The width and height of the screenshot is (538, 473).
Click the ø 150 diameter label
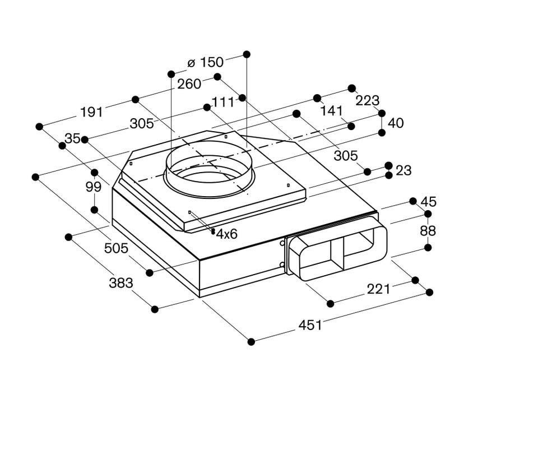(x=205, y=62)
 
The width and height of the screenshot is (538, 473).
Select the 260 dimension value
(x=189, y=84)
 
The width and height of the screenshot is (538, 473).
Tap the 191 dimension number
(x=91, y=112)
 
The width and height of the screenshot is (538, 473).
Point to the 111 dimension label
(x=223, y=102)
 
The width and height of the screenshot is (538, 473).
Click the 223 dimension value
(x=368, y=100)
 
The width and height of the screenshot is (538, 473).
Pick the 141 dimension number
(x=331, y=111)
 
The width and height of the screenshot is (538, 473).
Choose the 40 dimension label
(x=396, y=123)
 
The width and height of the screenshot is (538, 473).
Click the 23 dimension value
(x=403, y=170)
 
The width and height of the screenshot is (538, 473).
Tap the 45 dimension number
(x=429, y=202)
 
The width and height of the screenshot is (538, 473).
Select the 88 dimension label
(x=428, y=231)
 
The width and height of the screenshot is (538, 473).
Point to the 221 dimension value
(x=378, y=289)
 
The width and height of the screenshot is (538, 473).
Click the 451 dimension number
(x=310, y=325)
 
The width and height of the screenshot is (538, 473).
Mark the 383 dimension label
(x=121, y=283)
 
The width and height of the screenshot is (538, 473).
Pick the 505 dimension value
(x=116, y=248)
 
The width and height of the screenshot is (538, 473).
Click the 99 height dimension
(x=94, y=187)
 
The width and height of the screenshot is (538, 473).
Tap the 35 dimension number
(x=72, y=138)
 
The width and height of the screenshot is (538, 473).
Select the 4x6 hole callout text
(x=227, y=234)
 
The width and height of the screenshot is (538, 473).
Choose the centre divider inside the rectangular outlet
(x=337, y=254)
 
